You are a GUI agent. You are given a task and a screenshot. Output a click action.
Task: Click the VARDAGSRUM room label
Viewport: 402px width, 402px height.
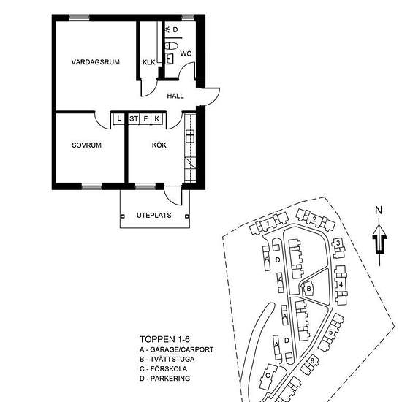(95, 62)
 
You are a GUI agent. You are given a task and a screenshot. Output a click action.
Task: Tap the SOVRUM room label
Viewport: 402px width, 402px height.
(87, 145)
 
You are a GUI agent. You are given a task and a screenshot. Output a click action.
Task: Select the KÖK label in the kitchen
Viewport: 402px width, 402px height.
(159, 145)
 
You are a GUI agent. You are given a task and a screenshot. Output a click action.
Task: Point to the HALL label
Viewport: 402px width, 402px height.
(175, 96)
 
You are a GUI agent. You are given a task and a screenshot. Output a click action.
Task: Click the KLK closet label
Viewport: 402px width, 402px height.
(149, 62)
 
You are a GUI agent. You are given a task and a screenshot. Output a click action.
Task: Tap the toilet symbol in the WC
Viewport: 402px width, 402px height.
(172, 46)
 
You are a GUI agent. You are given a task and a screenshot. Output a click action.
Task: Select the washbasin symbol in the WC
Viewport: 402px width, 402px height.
(169, 58)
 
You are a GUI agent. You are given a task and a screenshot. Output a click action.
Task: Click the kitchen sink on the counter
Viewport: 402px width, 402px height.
(190, 136)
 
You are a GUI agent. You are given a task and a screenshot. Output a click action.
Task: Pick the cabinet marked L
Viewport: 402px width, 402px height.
(118, 118)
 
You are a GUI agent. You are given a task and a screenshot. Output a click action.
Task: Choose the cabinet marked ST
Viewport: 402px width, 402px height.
(134, 119)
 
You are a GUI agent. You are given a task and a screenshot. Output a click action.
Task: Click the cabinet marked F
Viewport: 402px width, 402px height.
(145, 119)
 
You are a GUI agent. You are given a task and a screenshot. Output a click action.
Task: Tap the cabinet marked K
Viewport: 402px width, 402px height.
(157, 119)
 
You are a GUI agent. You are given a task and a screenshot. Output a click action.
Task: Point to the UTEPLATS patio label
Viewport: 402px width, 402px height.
(153, 216)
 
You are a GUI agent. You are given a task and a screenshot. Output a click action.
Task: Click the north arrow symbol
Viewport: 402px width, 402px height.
(379, 242)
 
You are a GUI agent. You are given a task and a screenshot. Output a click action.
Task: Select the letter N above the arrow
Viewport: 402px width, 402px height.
(379, 211)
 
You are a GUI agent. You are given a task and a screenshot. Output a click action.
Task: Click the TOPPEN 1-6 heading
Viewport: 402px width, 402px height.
(165, 339)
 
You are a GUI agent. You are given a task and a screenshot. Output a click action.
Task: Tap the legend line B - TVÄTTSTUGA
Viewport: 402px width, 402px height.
(167, 359)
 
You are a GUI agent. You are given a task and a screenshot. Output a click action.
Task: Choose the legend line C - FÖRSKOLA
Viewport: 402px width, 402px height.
(163, 369)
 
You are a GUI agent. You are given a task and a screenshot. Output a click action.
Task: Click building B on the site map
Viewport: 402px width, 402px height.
(308, 289)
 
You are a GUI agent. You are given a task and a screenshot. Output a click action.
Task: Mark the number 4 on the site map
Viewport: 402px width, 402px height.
(341, 284)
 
